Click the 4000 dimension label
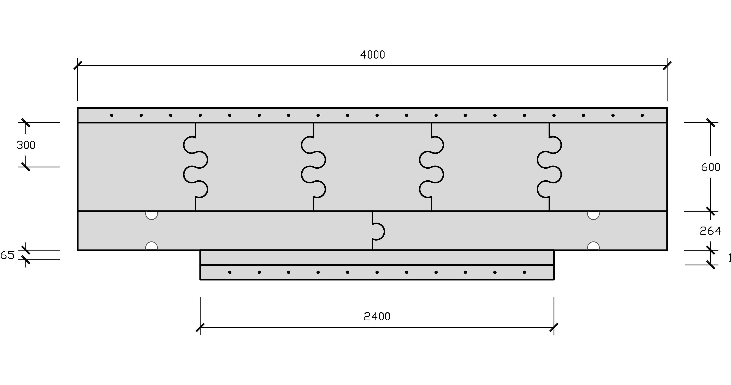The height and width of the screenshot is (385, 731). tap(372, 55)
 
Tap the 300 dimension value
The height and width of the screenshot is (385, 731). tap(26, 145)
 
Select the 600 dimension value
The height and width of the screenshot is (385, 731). tap(710, 167)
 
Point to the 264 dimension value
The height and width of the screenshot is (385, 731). tap(710, 231)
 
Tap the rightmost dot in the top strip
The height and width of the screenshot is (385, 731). tap(642, 115)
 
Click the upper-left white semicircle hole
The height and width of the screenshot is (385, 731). tap(152, 215)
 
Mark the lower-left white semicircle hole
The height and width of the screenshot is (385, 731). tap(152, 246)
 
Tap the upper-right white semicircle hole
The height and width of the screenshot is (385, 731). tap(593, 215)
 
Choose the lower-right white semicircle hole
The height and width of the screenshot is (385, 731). tap(593, 246)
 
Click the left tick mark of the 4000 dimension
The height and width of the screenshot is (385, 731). tap(78, 66)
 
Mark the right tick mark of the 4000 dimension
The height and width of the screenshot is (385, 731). tap(667, 66)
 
